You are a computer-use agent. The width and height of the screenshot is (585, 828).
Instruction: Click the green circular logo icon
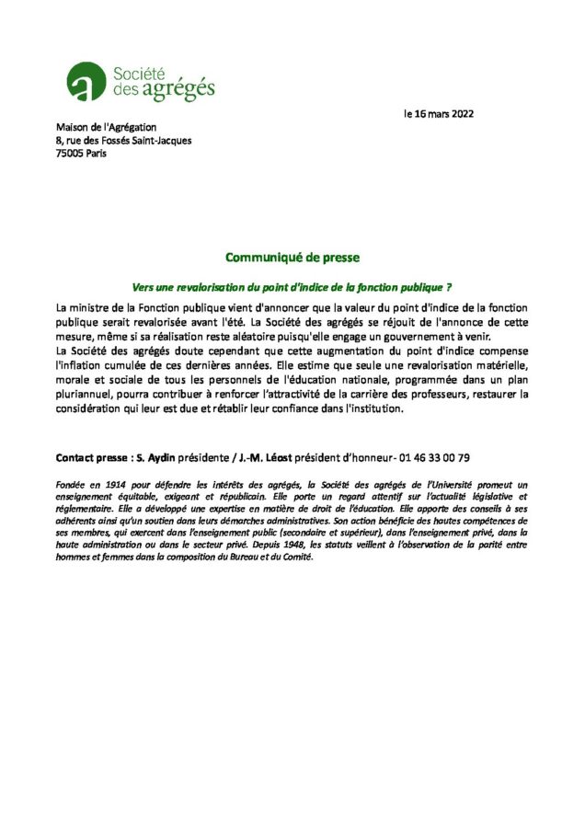click(x=85, y=81)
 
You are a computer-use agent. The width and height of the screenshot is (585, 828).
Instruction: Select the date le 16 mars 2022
click(x=440, y=114)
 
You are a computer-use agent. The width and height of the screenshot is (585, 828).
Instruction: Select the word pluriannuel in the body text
click(x=86, y=395)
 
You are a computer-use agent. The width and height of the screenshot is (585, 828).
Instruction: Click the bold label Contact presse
click(x=92, y=457)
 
